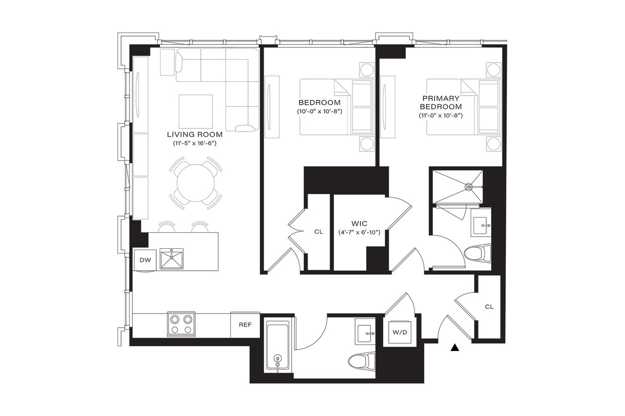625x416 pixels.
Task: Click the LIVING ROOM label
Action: [x=195, y=134]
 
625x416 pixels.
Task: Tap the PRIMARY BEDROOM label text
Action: [x=440, y=102]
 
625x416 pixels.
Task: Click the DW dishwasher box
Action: [x=145, y=260]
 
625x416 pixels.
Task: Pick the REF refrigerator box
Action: [x=245, y=324]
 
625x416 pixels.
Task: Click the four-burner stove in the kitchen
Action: [x=181, y=324]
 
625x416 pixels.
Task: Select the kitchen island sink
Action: [x=171, y=258]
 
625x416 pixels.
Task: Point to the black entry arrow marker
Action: [x=455, y=348]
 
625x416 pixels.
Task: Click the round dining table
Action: [x=194, y=181]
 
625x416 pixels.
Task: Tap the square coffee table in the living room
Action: [x=195, y=111]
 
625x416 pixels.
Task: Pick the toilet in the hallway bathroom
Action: [x=362, y=361]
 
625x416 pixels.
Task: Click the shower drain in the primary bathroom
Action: [x=469, y=186]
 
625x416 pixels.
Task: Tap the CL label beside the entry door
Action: [x=489, y=307]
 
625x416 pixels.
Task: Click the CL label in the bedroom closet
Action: [x=318, y=232]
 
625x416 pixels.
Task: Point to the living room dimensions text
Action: [x=195, y=143]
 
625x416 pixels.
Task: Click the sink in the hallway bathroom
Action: [x=366, y=334]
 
